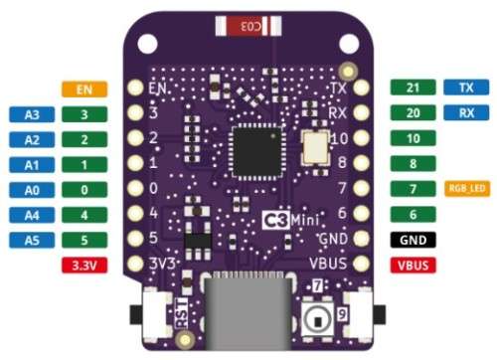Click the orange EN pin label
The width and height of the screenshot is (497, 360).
click(x=84, y=90)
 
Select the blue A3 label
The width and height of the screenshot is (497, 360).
click(x=33, y=115)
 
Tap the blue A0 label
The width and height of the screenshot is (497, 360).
click(x=33, y=189)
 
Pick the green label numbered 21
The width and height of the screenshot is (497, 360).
click(x=413, y=88)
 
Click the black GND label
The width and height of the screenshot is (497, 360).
click(x=413, y=240)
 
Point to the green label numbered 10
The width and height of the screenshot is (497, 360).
click(x=413, y=138)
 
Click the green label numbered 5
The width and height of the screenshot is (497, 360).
click(x=84, y=239)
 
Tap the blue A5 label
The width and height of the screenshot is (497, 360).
click(x=33, y=239)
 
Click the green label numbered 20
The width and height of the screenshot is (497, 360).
click(x=413, y=112)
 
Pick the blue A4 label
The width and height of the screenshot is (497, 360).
click(x=33, y=214)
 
